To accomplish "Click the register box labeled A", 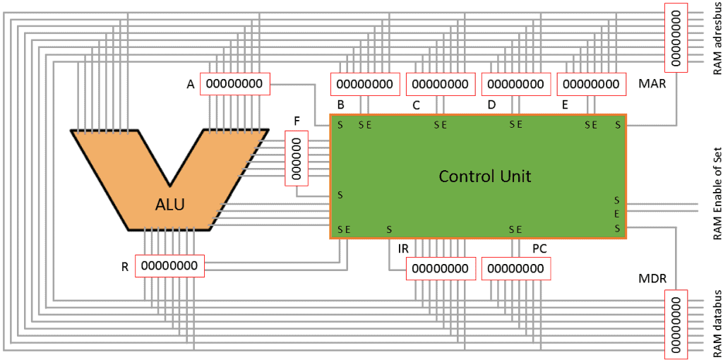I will [234, 84].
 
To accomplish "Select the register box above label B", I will [365, 85].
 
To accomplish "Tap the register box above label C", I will [441, 85].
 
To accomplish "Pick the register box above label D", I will [516, 85].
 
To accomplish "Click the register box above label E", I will [592, 85].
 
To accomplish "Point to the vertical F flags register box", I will [297, 158].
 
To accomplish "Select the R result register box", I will [169, 266].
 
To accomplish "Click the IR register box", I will [440, 269].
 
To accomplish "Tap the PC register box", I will [516, 269].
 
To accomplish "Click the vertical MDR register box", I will [676, 325].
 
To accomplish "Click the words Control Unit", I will [484, 176].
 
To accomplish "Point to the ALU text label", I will [170, 205].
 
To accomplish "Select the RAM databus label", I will [717, 321].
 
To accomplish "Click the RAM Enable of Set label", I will [717, 193].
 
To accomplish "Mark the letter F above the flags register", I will [297, 121].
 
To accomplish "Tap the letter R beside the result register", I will [125, 267].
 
